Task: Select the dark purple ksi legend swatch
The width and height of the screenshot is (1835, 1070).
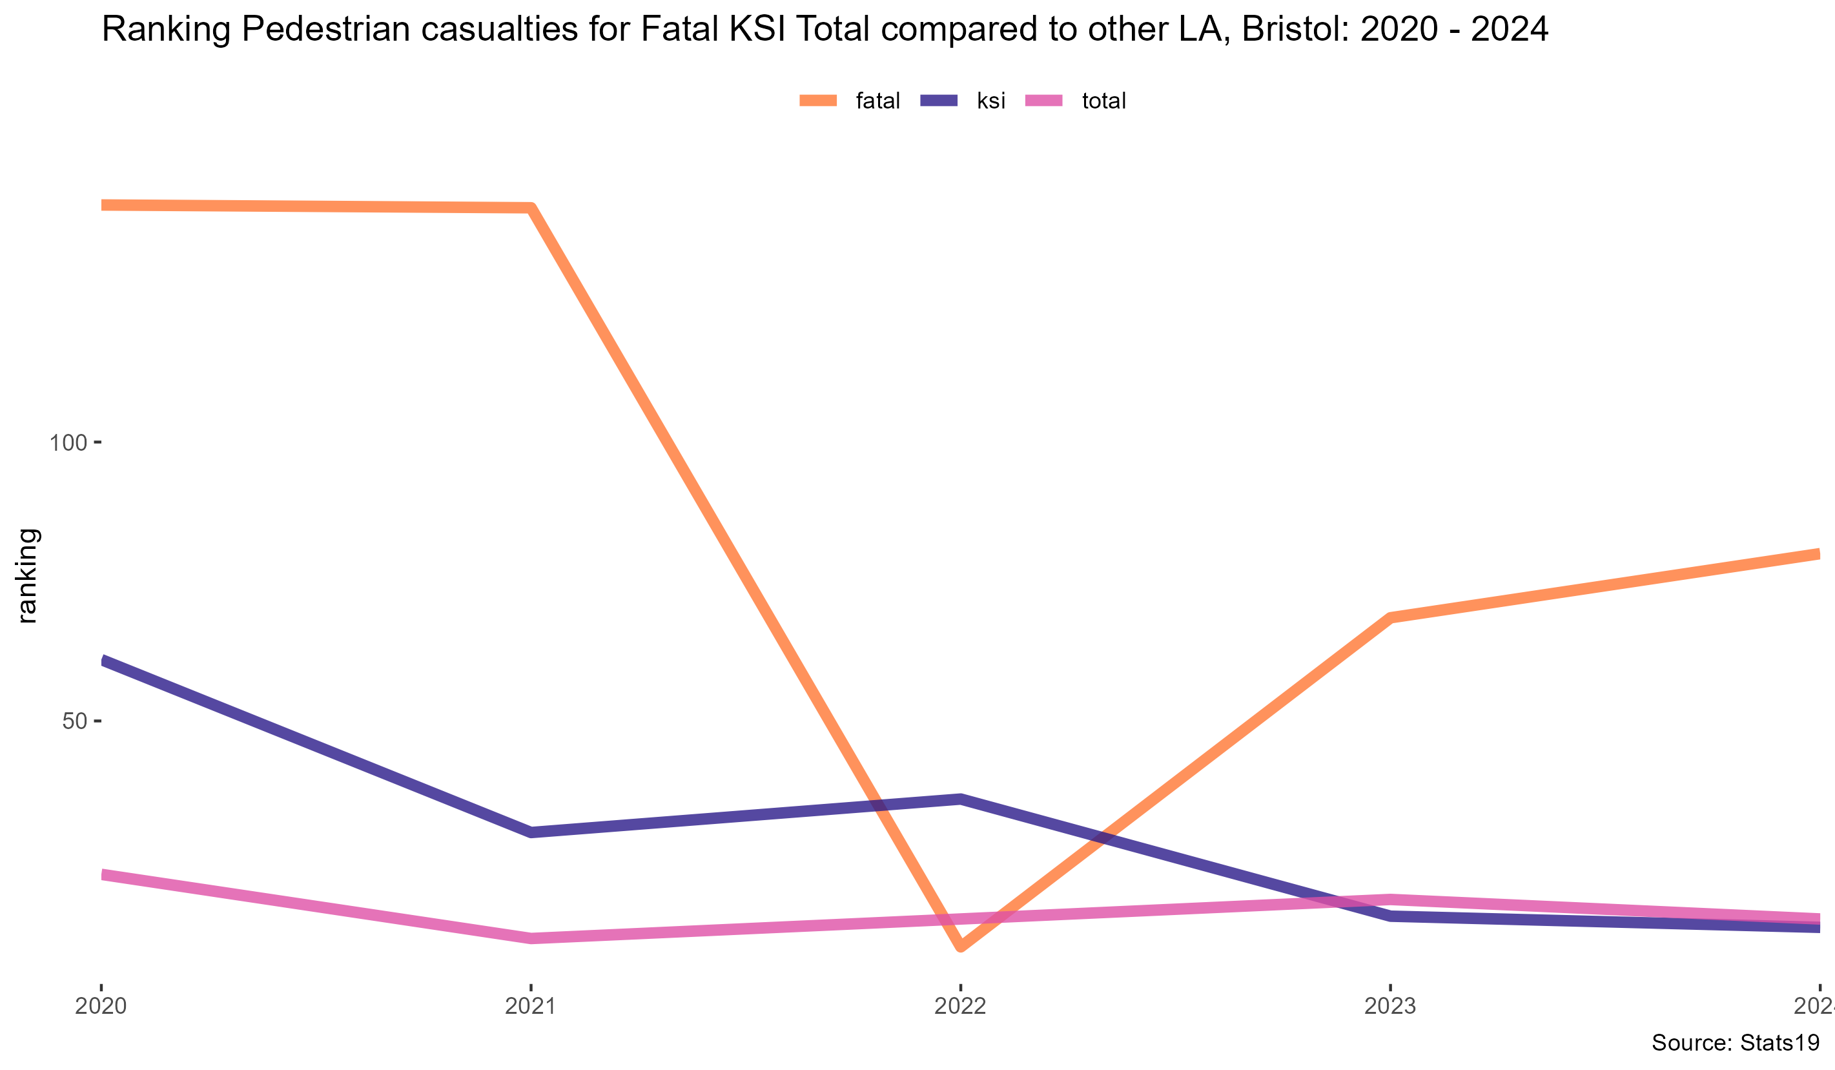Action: coord(939,101)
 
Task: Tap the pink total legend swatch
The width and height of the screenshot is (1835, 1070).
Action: coord(1043,101)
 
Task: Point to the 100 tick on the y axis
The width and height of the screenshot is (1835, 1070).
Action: coord(68,442)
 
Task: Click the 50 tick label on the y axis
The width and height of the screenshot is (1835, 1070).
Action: coord(74,721)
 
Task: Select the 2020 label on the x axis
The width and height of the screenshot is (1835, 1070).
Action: coord(101,1006)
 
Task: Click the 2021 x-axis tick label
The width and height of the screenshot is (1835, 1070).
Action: coord(531,1006)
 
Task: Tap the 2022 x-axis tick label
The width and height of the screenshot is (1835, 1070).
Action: coord(961,1006)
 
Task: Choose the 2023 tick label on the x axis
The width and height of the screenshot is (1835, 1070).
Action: coord(1390,1006)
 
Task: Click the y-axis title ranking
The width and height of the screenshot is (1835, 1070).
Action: coord(27,575)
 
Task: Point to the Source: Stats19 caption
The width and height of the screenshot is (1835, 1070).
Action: coord(1735,1042)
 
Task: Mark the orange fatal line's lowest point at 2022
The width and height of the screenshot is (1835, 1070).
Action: coord(961,945)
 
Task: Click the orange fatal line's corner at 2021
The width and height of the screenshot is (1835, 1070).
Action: coord(531,209)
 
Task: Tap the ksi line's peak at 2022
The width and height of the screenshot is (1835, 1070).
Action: coord(961,799)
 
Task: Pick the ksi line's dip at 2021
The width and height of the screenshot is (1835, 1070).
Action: coord(531,832)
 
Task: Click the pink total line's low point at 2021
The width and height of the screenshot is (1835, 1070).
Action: coord(531,938)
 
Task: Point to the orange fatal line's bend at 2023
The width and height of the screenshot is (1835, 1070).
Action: coord(1391,618)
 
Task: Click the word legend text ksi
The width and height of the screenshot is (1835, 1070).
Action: coord(991,101)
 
